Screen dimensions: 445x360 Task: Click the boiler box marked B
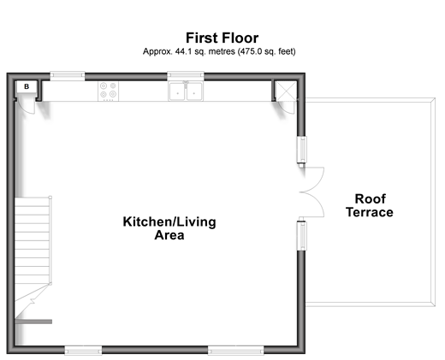tap(27, 86)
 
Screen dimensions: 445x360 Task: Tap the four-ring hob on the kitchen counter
tap(109, 91)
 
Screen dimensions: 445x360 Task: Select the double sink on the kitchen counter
tap(186, 91)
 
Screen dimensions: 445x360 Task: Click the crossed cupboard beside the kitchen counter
tap(286, 91)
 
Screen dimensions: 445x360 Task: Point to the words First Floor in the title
tap(222, 38)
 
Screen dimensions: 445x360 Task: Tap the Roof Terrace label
tap(370, 205)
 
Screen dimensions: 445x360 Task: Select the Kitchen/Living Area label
tap(169, 228)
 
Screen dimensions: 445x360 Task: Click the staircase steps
tap(33, 240)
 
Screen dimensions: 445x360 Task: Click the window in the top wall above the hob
tap(68, 76)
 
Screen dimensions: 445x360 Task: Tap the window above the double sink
tap(186, 76)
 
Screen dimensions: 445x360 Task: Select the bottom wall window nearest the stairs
tap(83, 351)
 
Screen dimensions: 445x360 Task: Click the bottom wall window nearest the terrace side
tap(236, 351)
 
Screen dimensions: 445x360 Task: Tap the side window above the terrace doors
tap(301, 150)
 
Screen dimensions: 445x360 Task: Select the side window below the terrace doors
tap(301, 236)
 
